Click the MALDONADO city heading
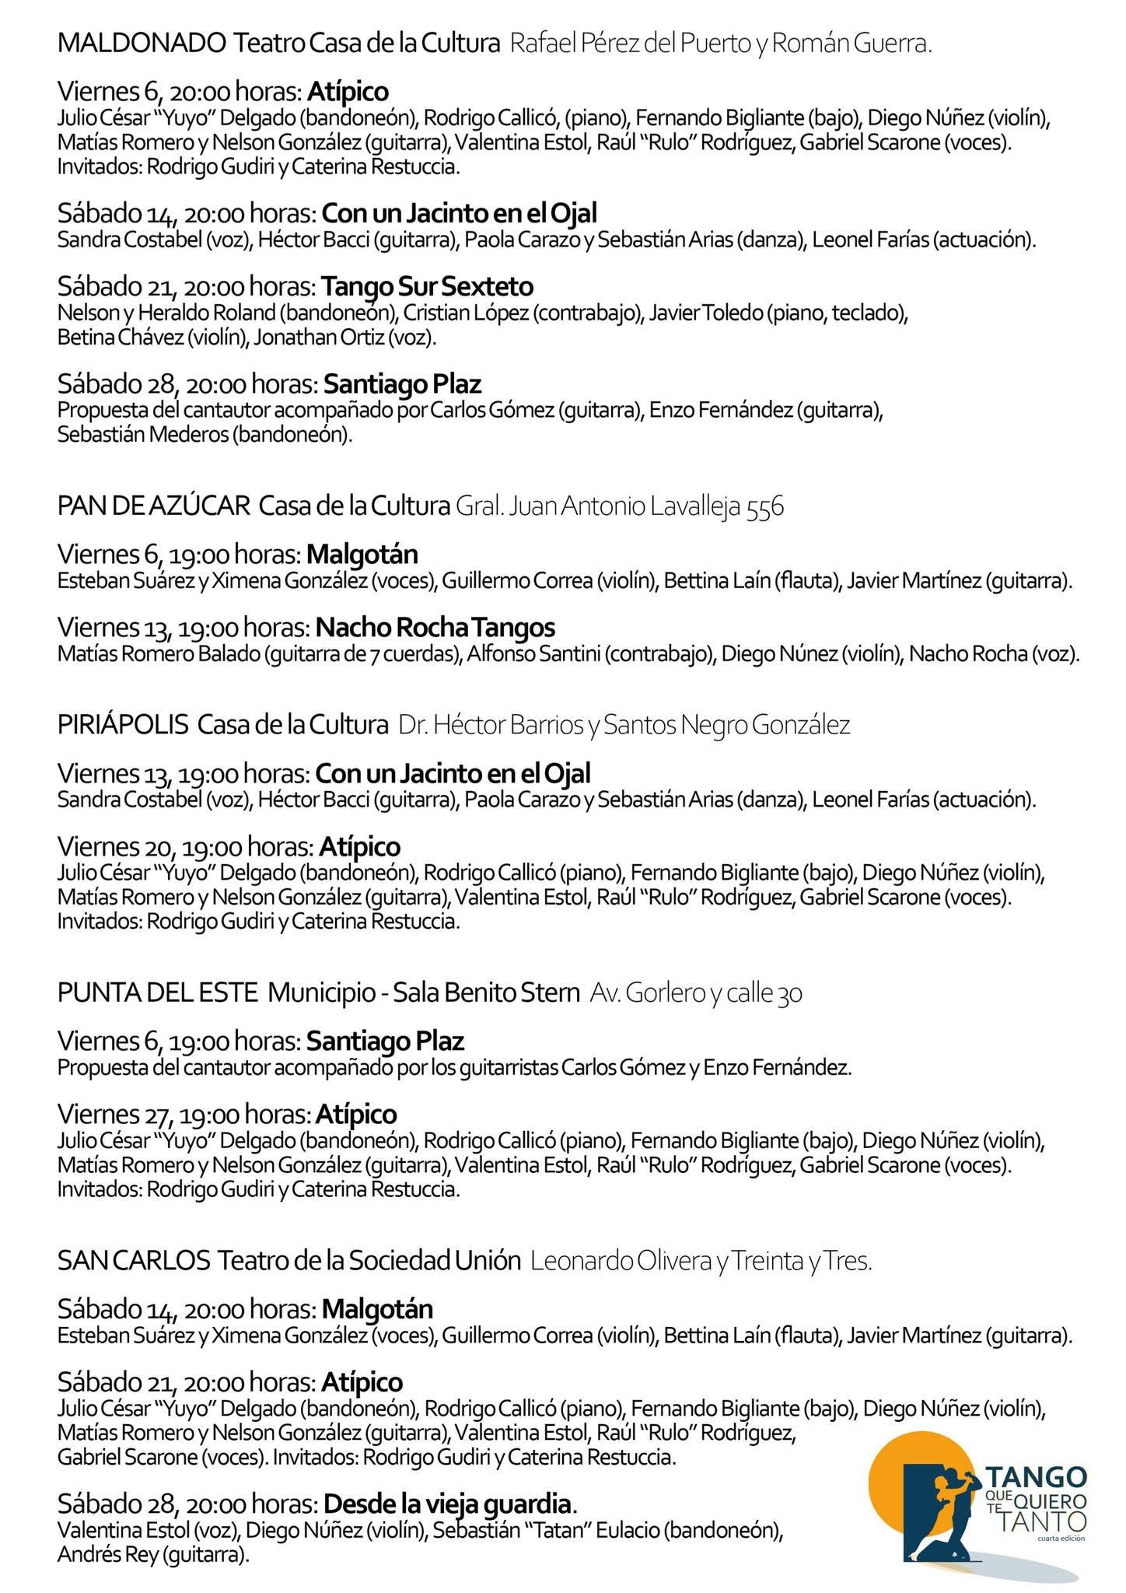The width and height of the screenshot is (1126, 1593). pyautogui.click(x=141, y=44)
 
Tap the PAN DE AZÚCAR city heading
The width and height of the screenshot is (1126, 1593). pyautogui.click(x=153, y=506)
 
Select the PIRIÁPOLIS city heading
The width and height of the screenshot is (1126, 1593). pyautogui.click(x=123, y=725)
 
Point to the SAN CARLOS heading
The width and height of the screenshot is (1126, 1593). pyautogui.click(x=134, y=1260)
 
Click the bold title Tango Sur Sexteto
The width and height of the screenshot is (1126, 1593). pyautogui.click(x=427, y=286)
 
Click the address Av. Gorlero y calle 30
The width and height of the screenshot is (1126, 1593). pyautogui.click(x=696, y=993)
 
